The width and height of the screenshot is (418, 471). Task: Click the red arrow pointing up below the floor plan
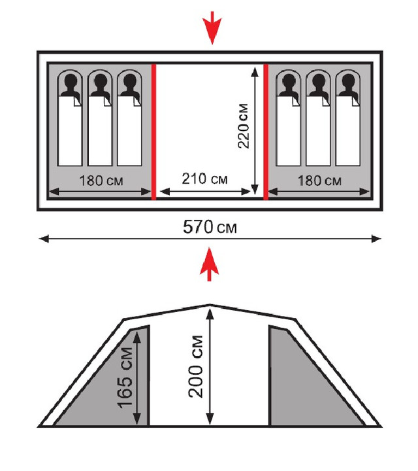click(209, 264)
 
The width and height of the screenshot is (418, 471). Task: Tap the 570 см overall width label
click(210, 227)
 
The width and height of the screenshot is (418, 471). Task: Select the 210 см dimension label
click(205, 179)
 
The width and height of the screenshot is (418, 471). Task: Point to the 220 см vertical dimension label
click(243, 126)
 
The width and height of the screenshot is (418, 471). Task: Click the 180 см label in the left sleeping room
click(101, 181)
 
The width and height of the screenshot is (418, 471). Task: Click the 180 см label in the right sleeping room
click(319, 181)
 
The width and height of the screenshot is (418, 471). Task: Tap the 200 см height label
click(196, 367)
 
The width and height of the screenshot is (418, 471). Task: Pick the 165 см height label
click(125, 377)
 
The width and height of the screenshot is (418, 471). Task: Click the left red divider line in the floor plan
click(154, 131)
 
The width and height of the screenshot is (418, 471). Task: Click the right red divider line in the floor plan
click(266, 131)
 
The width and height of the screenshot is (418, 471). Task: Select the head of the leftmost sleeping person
click(70, 80)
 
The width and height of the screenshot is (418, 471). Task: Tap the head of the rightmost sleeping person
click(348, 80)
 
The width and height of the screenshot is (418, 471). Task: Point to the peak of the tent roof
click(210, 305)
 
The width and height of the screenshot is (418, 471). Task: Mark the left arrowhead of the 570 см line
click(44, 239)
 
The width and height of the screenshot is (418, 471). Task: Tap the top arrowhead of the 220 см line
click(255, 72)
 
